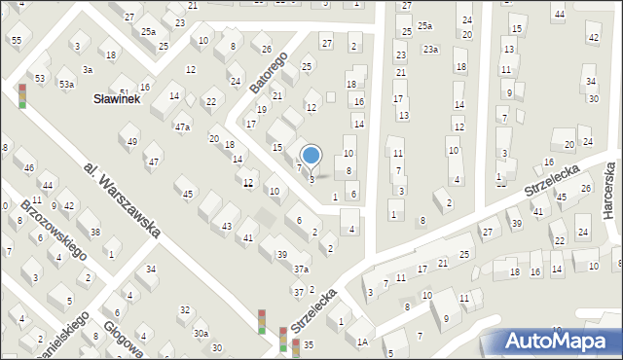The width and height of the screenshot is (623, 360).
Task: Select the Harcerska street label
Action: (x=609, y=191)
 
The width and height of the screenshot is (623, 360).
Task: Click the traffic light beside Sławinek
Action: (x=22, y=95)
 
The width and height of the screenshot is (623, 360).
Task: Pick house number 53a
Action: (x=66, y=85)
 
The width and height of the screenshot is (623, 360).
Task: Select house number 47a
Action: (x=182, y=127)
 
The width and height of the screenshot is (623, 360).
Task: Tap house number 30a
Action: (x=200, y=334)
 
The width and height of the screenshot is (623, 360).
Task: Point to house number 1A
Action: (x=362, y=342)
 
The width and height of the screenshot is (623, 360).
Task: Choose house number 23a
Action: (x=429, y=49)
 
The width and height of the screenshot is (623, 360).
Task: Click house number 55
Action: (x=16, y=39)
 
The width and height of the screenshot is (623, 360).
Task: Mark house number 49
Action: (x=132, y=142)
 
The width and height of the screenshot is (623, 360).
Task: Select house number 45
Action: (x=188, y=194)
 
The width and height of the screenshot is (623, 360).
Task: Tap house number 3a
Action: (x=87, y=69)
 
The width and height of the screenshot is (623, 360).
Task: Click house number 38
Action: (x=94, y=232)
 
